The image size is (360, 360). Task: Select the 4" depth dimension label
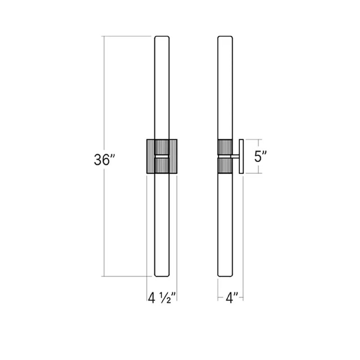point(230,298)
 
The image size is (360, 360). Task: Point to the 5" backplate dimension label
point(261,157)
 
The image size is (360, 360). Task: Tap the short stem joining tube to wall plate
point(235,156)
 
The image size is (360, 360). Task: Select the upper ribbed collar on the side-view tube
point(225,147)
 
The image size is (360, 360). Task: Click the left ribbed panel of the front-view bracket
point(151,156)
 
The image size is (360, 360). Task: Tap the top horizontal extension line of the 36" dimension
point(128,36)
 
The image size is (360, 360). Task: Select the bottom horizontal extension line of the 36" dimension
point(128,276)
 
